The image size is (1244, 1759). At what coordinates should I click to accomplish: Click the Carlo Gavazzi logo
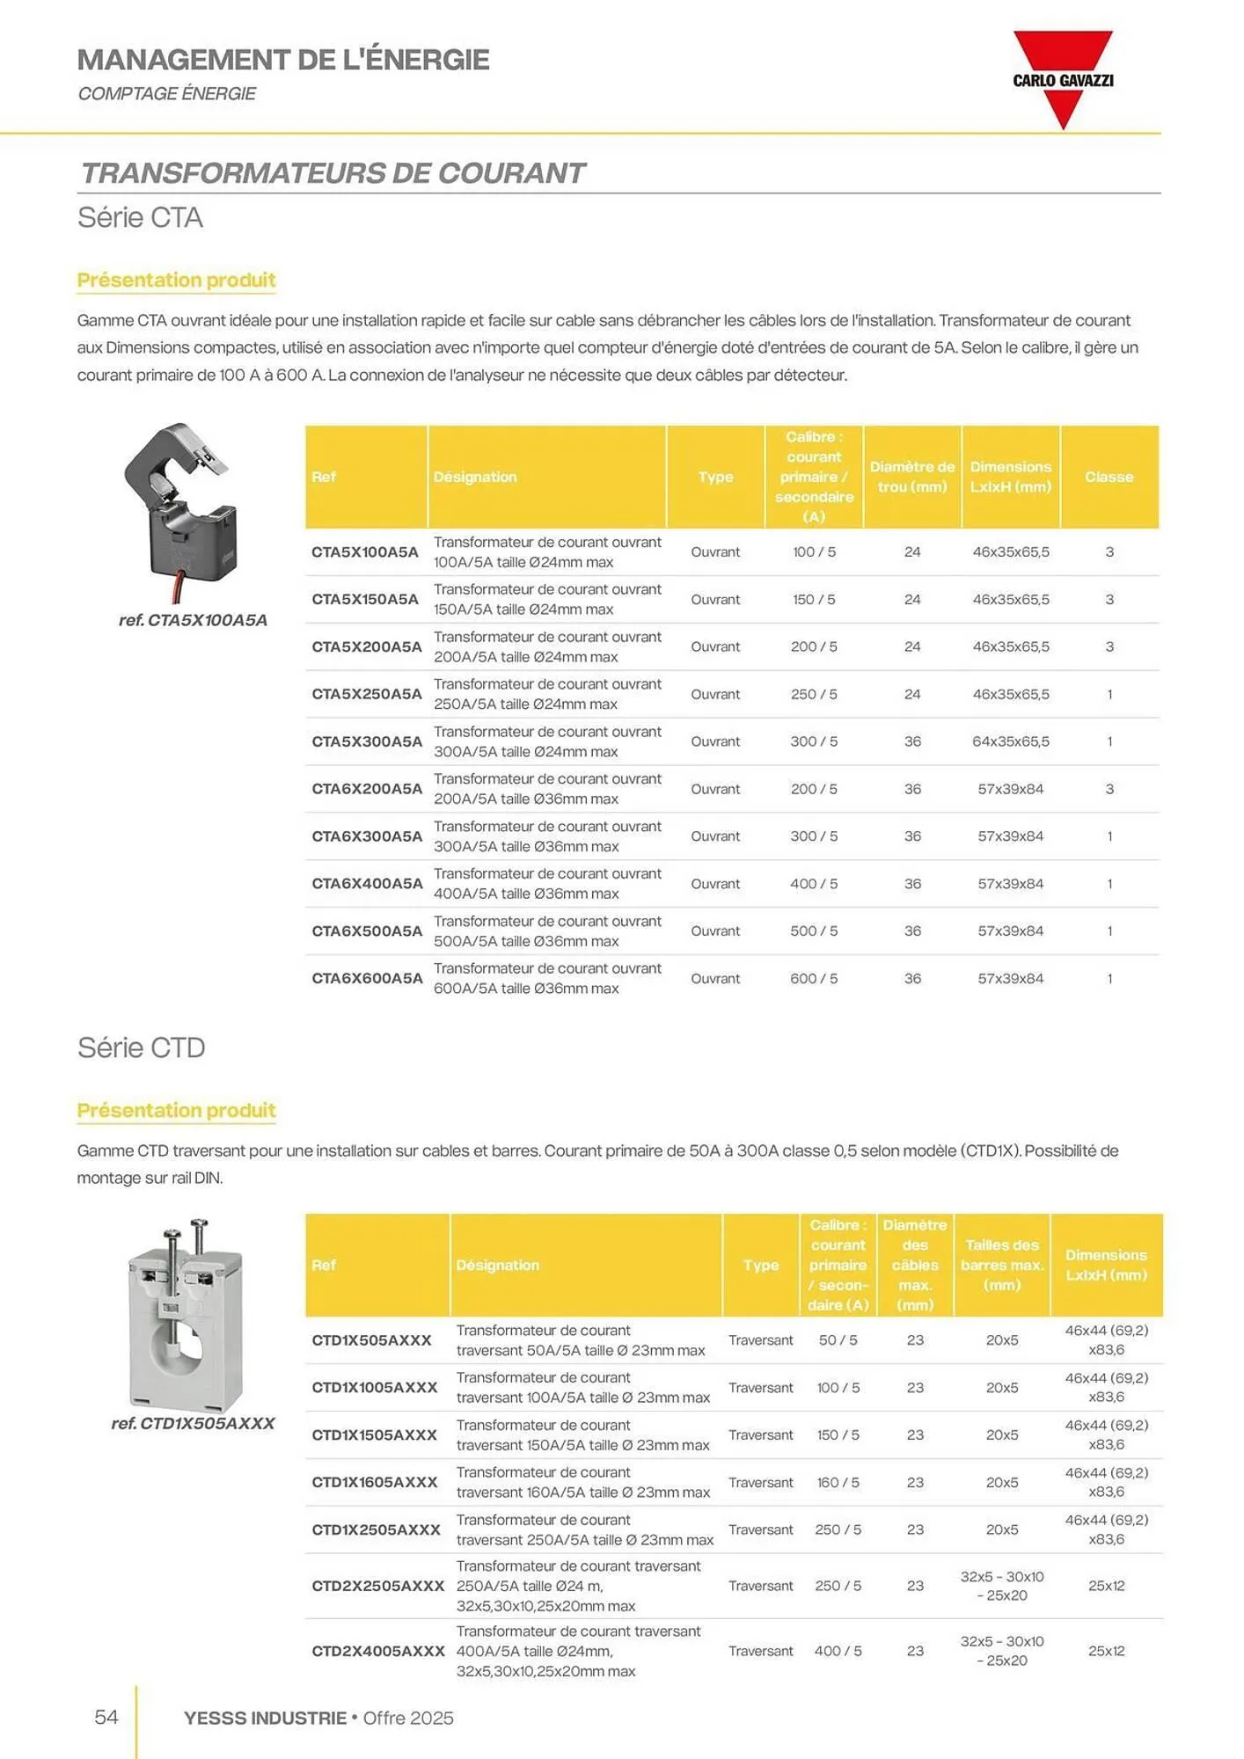coord(1063,79)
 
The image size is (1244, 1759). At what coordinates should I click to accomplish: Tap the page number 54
coord(106,1718)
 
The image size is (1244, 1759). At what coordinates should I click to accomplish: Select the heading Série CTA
coord(141,217)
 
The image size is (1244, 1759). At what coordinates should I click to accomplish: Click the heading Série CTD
coord(142,1047)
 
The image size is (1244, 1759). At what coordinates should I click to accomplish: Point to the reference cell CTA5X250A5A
coord(367,694)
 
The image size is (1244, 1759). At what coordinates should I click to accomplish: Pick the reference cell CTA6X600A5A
coord(367,978)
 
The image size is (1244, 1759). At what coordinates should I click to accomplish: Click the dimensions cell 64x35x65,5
coord(1011,741)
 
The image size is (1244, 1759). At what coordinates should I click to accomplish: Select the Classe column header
coord(1109,477)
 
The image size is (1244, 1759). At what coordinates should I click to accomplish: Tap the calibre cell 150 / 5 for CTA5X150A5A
coord(814,599)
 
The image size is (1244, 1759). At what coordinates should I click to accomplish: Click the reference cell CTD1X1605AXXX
coord(375,1482)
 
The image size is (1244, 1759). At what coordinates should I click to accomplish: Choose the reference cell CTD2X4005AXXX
coord(378,1651)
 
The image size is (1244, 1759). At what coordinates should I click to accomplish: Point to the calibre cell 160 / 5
coord(838,1482)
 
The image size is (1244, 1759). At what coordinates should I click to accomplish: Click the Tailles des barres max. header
coord(1002,1265)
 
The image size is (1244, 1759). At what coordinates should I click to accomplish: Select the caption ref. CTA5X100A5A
coord(193,620)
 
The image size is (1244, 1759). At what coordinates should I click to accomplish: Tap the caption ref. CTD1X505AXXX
coord(193,1423)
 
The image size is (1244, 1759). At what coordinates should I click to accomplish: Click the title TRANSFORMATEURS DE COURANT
coord(333,173)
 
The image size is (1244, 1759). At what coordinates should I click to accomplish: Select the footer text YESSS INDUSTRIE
coord(265,1718)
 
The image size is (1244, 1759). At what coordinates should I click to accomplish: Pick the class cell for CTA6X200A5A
coord(1109,789)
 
